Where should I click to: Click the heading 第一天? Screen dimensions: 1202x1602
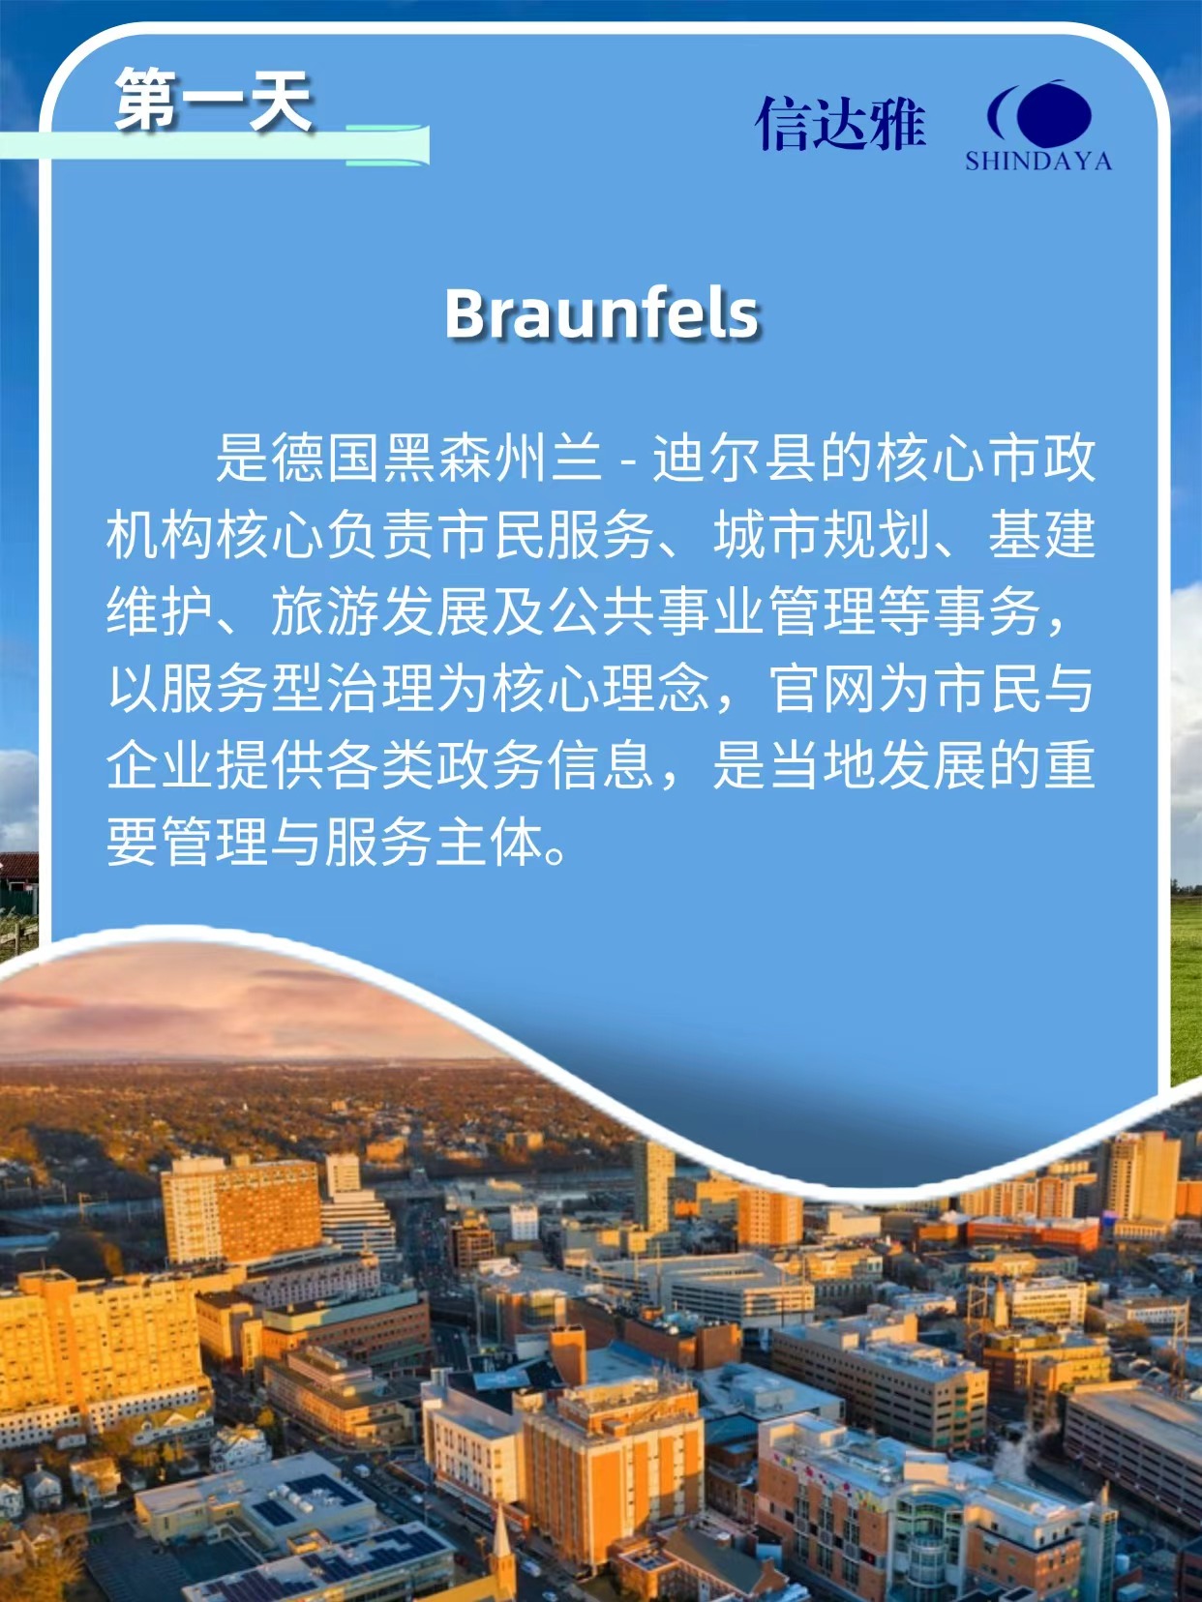(x=214, y=100)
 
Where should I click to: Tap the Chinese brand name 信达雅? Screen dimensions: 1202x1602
(x=840, y=124)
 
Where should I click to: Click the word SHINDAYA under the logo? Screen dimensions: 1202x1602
(x=1038, y=161)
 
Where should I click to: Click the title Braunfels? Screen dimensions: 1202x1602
(x=602, y=313)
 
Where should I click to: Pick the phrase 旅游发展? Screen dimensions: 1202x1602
(x=379, y=610)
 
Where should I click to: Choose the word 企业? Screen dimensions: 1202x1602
(x=161, y=765)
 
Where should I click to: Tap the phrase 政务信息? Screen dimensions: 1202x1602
(x=545, y=765)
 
